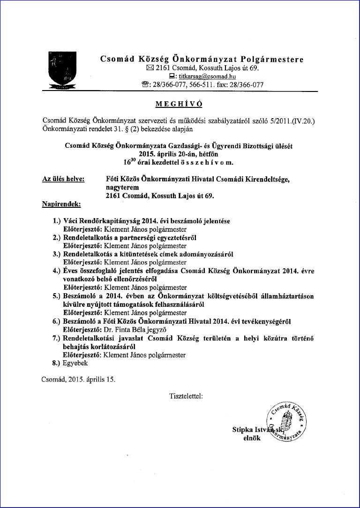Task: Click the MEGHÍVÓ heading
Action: pyautogui.click(x=180, y=103)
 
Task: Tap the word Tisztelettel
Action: pyautogui.click(x=186, y=396)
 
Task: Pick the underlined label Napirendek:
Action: pyautogui.click(x=61, y=204)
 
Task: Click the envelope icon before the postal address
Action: pyautogui.click(x=150, y=68)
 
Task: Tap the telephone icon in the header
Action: pyautogui.click(x=145, y=85)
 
